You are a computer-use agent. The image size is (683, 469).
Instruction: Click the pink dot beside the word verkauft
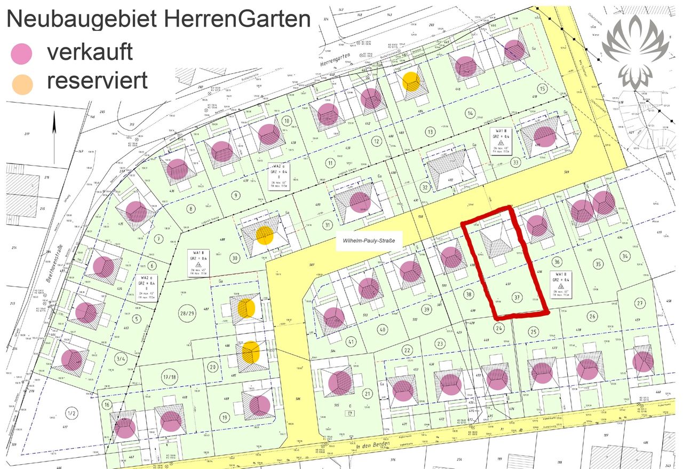click(x=21, y=54)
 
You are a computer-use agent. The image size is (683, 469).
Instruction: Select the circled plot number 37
click(x=515, y=298)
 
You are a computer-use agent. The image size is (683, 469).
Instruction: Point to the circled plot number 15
click(x=543, y=89)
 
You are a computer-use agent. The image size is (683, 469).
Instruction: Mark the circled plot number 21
click(x=367, y=394)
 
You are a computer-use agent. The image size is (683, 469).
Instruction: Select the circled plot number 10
click(x=287, y=120)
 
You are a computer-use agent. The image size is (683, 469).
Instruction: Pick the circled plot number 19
click(x=225, y=417)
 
